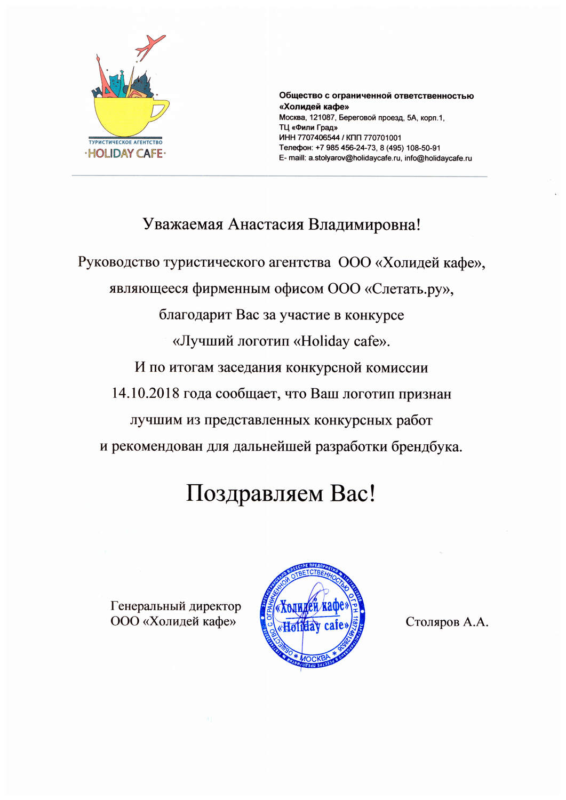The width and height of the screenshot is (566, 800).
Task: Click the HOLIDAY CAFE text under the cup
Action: coord(125,154)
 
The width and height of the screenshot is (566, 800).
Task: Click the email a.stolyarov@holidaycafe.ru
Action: coord(354,158)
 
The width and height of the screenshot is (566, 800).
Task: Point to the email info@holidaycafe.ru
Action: coord(438,158)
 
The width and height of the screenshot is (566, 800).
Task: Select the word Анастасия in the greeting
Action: coord(259,225)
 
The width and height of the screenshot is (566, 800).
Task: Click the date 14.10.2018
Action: coord(145,394)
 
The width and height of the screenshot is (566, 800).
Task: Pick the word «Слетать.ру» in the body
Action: coord(409,289)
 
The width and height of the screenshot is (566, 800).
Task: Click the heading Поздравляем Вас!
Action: coord(281,493)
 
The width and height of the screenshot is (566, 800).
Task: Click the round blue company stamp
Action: coord(313,615)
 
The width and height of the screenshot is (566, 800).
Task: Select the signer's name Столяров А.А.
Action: coord(447,622)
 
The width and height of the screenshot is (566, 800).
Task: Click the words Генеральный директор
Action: coord(176,606)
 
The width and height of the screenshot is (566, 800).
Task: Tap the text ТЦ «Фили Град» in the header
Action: coord(308,127)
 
